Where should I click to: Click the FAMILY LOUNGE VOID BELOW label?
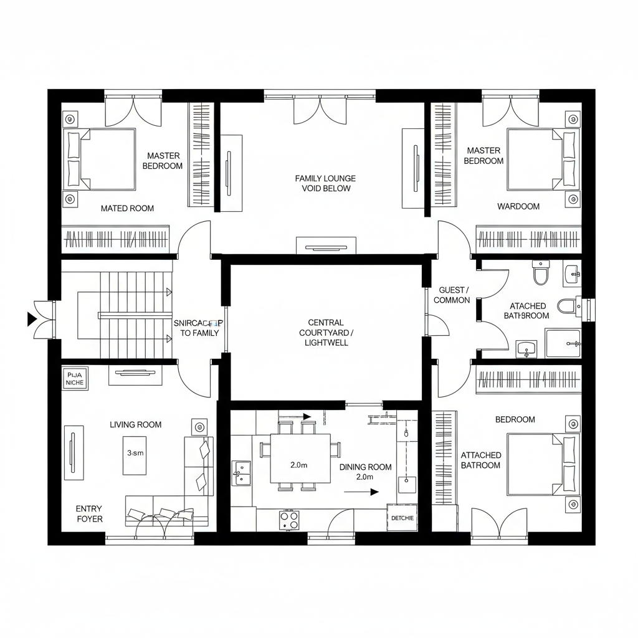pos(325,183)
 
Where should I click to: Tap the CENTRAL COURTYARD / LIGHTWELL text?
pos(326,333)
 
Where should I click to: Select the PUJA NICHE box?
pos(76,378)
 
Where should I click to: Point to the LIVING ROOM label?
pos(135,425)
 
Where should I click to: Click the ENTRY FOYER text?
pos(89,514)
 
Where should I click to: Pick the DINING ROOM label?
pos(365,467)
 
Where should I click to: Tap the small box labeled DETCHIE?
pos(402,518)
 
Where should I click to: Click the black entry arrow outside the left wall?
pos(31,320)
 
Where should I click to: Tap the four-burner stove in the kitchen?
pos(288,520)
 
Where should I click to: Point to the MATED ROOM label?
pos(127,209)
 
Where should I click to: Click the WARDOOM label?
pos(518,206)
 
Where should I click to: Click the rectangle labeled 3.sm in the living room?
pos(135,454)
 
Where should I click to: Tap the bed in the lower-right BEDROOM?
pos(540,464)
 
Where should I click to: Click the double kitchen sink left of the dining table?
pos(241,472)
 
